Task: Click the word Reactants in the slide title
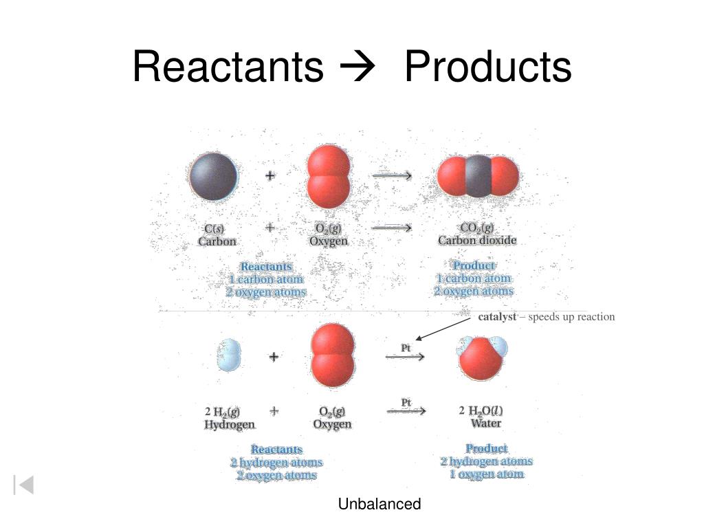[228, 67]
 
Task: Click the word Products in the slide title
[487, 67]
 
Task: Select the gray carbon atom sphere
[214, 176]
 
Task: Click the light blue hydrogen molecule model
[230, 355]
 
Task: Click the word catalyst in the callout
[497, 317]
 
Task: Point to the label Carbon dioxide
[477, 241]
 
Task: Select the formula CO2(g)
[477, 228]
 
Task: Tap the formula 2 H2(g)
[222, 412]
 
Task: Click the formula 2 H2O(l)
[485, 410]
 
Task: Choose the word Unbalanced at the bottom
[379, 505]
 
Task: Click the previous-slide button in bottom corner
[23, 485]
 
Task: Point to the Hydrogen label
[230, 425]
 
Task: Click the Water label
[485, 423]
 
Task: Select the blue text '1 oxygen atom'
[487, 474]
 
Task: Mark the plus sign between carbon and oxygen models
[271, 176]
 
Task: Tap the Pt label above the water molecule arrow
[406, 349]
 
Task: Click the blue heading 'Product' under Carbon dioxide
[474, 265]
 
